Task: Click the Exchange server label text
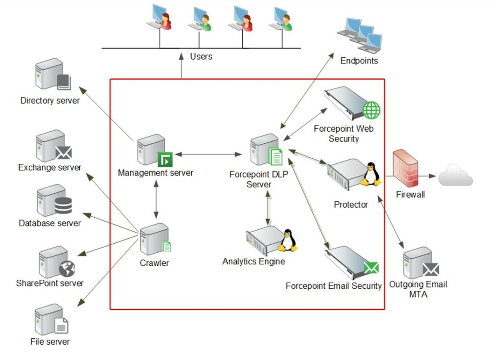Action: click(50, 168)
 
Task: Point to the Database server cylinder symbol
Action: click(63, 205)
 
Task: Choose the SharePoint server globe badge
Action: click(67, 268)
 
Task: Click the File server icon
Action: click(50, 320)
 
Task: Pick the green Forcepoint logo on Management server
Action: click(165, 159)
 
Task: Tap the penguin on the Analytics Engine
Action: click(288, 240)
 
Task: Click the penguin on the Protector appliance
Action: click(370, 175)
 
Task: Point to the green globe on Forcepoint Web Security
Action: click(371, 110)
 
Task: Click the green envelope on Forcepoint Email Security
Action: click(371, 268)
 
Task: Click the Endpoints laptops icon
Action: click(360, 36)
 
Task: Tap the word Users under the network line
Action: click(201, 57)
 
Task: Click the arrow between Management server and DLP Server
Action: click(208, 154)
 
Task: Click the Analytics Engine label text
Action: click(253, 261)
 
